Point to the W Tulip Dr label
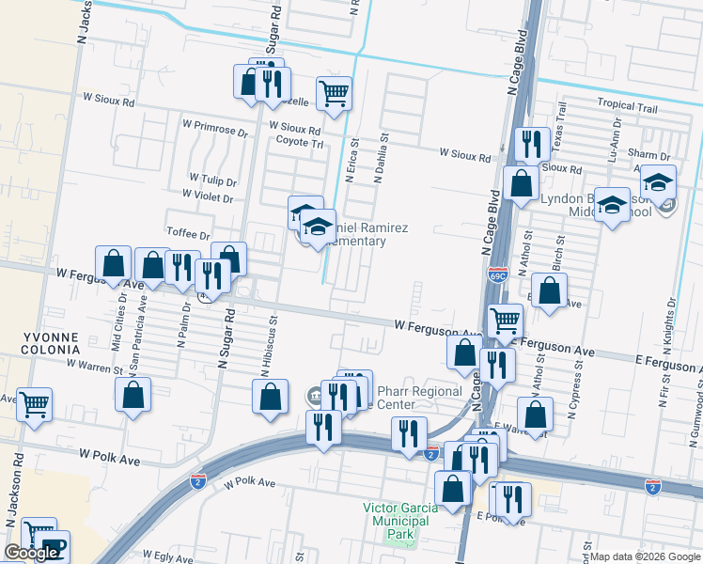[212, 179]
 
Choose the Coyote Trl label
[299, 144]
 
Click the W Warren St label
[95, 363]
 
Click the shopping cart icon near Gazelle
[334, 93]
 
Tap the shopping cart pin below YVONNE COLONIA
[35, 405]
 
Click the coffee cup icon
[54, 548]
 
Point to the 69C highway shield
[497, 276]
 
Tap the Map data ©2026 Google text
[646, 556]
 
